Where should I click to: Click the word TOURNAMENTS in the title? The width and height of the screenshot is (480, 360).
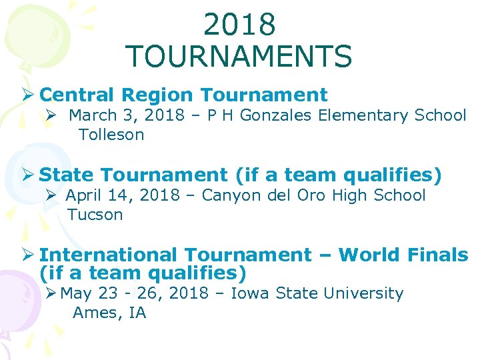click(x=238, y=57)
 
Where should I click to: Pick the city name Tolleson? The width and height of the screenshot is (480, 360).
click(x=111, y=135)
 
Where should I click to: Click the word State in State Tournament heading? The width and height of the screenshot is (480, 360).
click(x=67, y=175)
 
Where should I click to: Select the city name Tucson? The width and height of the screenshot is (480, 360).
click(x=95, y=215)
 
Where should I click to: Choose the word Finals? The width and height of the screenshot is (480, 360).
click(x=441, y=255)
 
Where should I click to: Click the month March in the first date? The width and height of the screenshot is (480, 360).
click(x=92, y=115)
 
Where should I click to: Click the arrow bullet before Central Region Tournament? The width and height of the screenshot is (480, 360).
click(x=29, y=95)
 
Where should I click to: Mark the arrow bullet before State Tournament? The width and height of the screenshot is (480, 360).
click(x=29, y=175)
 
